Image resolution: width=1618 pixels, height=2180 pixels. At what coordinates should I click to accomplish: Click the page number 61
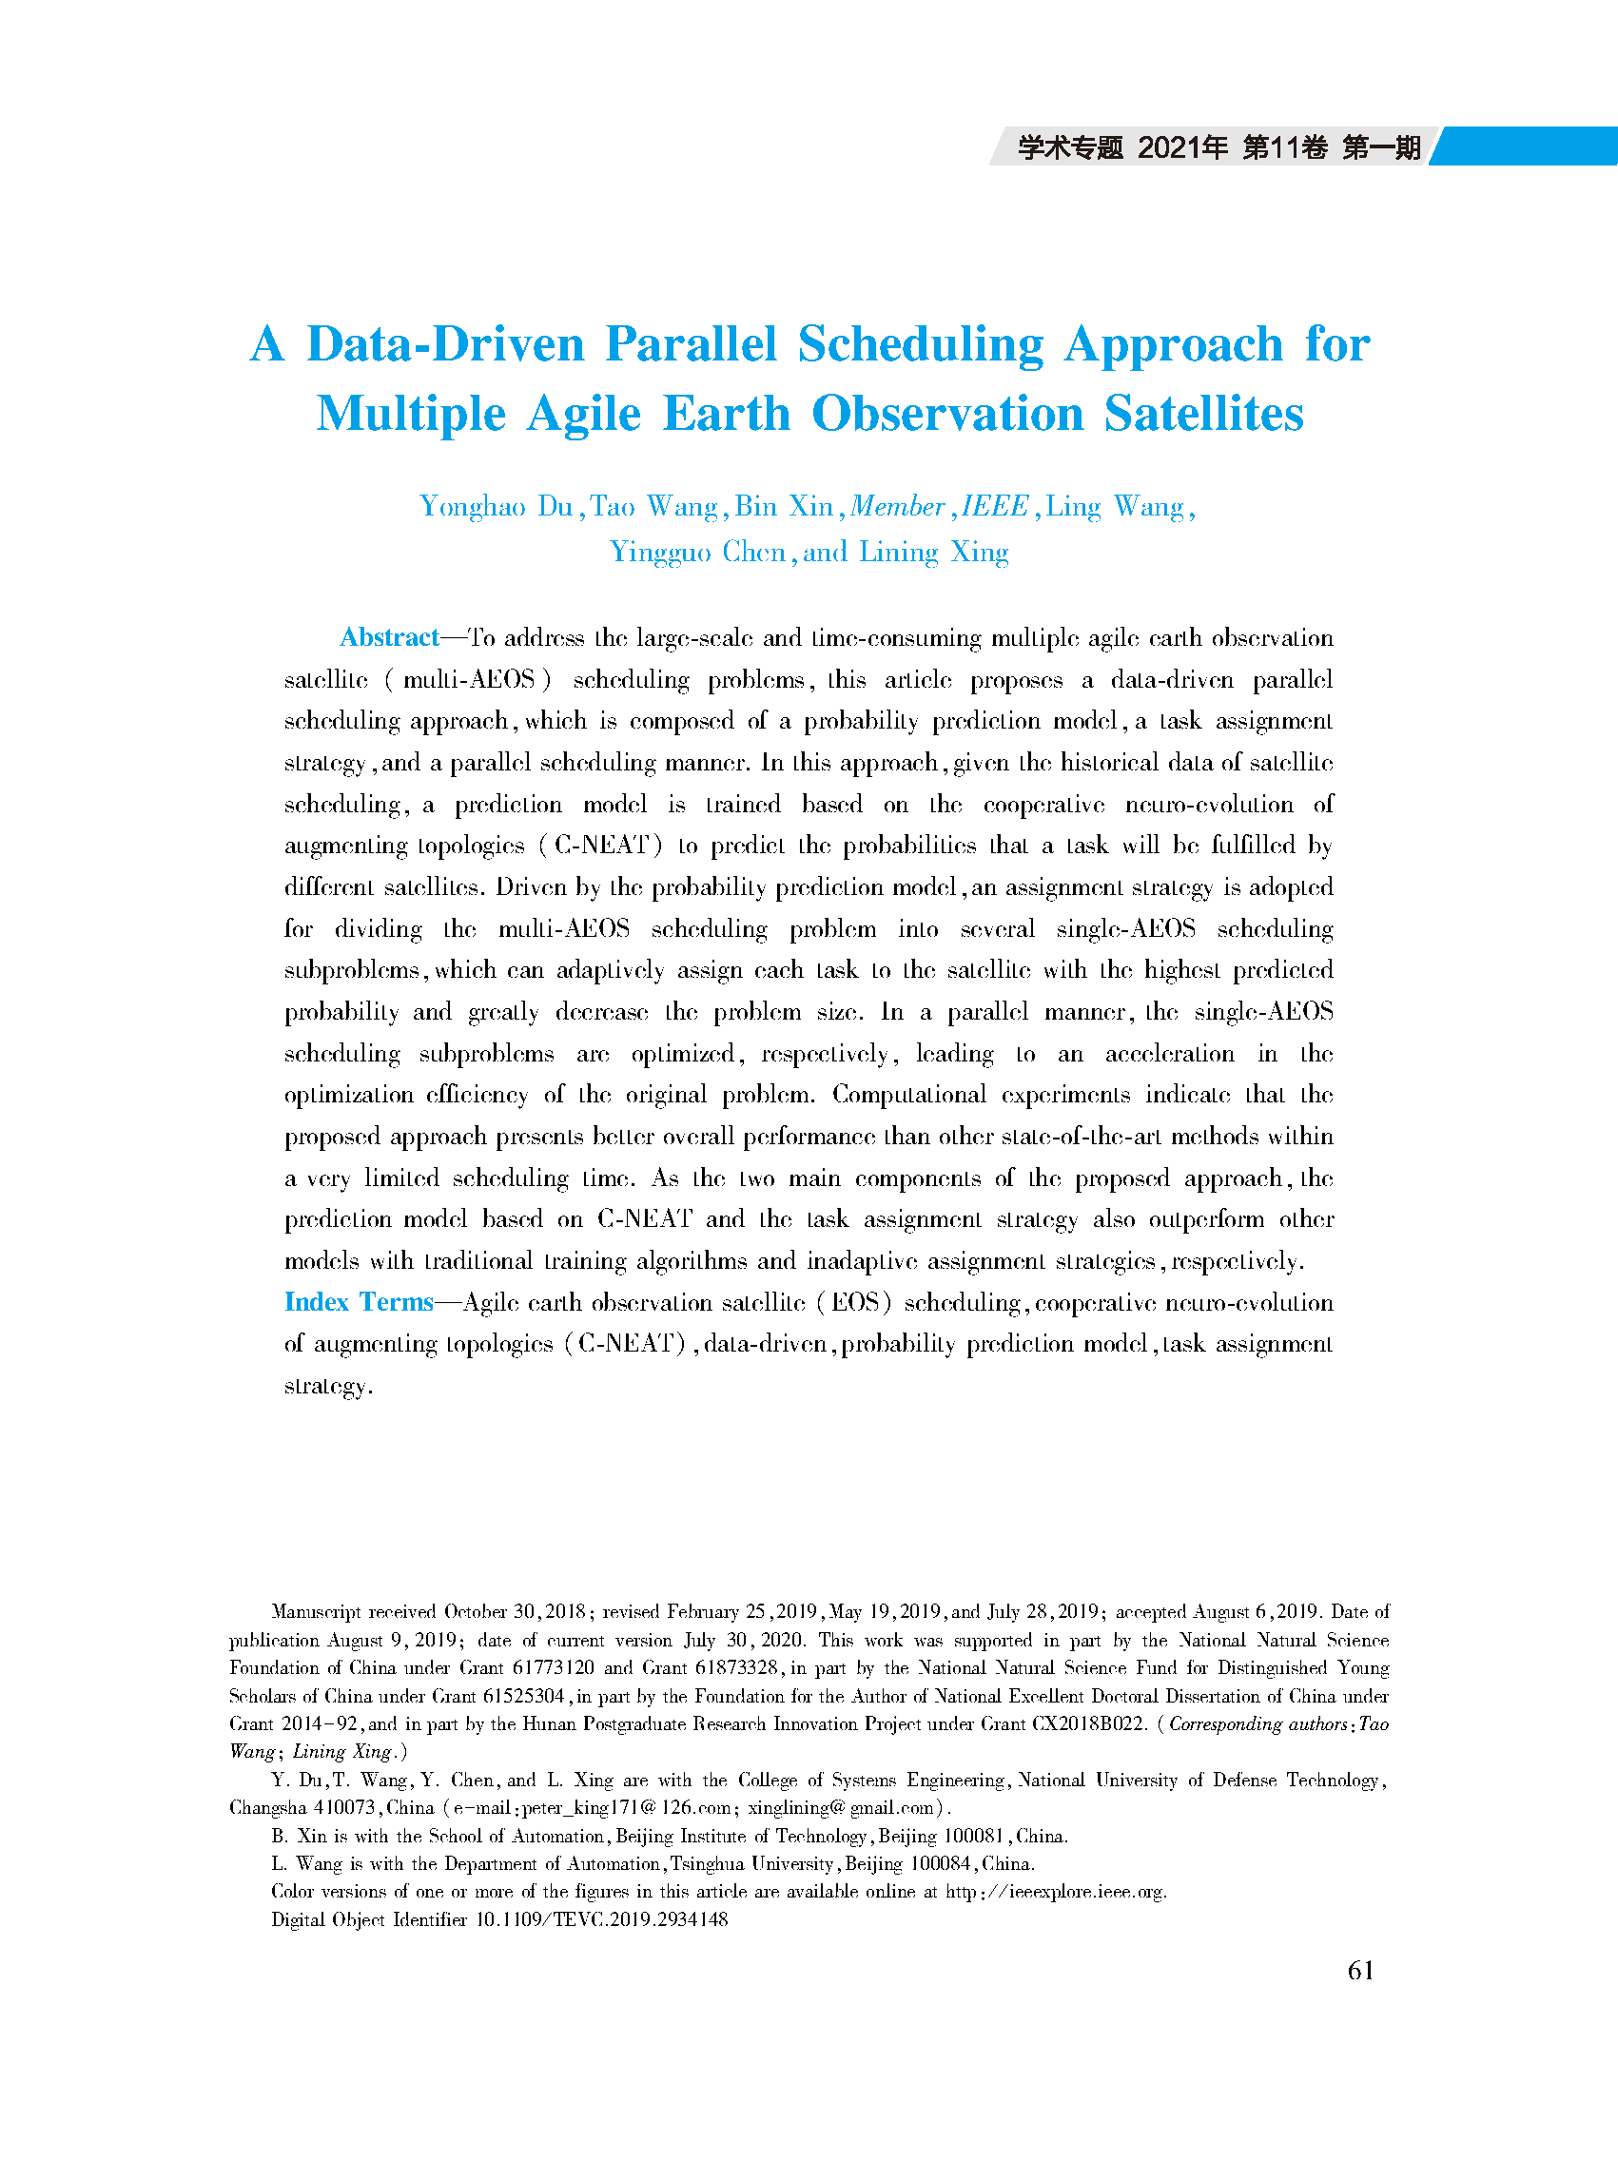tap(1360, 1971)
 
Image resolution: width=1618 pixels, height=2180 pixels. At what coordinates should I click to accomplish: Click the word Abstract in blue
tap(389, 637)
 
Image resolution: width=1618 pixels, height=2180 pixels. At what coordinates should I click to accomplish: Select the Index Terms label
tap(359, 1301)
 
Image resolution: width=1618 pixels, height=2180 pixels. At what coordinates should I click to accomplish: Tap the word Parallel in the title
tap(691, 343)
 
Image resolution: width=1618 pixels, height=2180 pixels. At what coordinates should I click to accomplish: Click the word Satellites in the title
tap(1203, 414)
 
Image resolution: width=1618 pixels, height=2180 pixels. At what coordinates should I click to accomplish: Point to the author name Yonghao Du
tap(496, 506)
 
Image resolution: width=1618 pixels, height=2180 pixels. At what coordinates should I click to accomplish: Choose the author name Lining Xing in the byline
tap(933, 553)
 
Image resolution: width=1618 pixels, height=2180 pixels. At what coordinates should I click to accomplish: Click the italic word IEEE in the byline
tap(994, 506)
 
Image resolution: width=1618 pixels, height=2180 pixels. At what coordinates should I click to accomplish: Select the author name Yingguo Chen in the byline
tap(697, 553)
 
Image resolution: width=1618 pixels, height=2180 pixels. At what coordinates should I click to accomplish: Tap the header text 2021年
tap(1182, 147)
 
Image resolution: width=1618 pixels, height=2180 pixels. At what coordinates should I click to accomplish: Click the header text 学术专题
tap(1069, 147)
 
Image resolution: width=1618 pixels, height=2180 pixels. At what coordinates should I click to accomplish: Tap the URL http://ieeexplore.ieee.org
tap(1055, 1891)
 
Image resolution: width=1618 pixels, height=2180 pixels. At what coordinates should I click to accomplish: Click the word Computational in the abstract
tap(907, 1095)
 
